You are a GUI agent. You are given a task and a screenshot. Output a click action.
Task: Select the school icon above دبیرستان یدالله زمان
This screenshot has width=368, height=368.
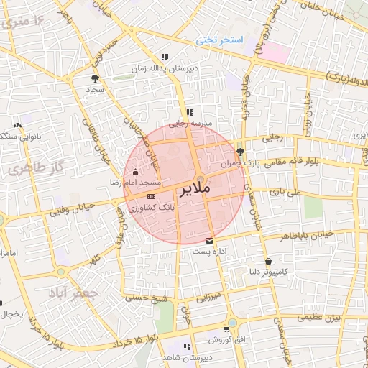(x=165, y=57)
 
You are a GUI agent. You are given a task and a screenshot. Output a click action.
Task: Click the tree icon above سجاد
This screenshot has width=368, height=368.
(x=95, y=79)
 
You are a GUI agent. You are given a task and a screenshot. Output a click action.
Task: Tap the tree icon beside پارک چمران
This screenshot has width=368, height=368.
(x=240, y=152)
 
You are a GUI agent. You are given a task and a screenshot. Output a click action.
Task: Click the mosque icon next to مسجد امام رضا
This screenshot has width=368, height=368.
(x=135, y=172)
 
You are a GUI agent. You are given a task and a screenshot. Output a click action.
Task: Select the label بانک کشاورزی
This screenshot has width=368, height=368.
(x=151, y=207)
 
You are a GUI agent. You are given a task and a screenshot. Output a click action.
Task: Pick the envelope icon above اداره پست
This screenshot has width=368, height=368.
(x=209, y=240)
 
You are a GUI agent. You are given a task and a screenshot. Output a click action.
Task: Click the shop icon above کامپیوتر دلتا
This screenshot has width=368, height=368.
(x=268, y=261)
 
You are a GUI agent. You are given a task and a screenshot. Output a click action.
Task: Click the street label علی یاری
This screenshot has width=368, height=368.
(x=282, y=192)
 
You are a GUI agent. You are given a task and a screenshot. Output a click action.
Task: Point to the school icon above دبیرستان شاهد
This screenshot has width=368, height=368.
(x=188, y=346)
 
